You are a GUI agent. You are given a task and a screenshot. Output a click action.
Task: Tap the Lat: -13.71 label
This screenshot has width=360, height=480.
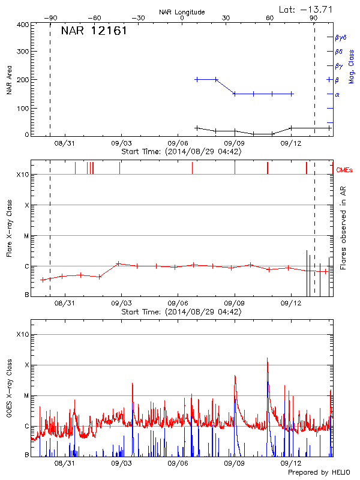(x=306, y=9)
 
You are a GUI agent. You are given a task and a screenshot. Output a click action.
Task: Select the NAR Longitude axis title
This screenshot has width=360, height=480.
(x=182, y=12)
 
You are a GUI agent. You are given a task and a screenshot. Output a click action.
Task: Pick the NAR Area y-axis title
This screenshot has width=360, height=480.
(x=10, y=80)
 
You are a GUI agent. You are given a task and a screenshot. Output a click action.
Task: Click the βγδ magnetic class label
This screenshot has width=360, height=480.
(x=340, y=37)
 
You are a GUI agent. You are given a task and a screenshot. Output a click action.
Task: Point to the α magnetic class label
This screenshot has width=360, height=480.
(x=337, y=95)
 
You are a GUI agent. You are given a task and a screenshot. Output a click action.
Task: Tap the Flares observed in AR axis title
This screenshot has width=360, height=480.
(x=343, y=228)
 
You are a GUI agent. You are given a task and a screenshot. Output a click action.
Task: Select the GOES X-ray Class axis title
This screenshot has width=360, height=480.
(x=10, y=388)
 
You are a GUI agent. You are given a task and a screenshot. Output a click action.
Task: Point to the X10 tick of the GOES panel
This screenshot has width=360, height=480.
(x=22, y=334)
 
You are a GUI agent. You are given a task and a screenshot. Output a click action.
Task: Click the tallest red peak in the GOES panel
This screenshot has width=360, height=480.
(x=268, y=359)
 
